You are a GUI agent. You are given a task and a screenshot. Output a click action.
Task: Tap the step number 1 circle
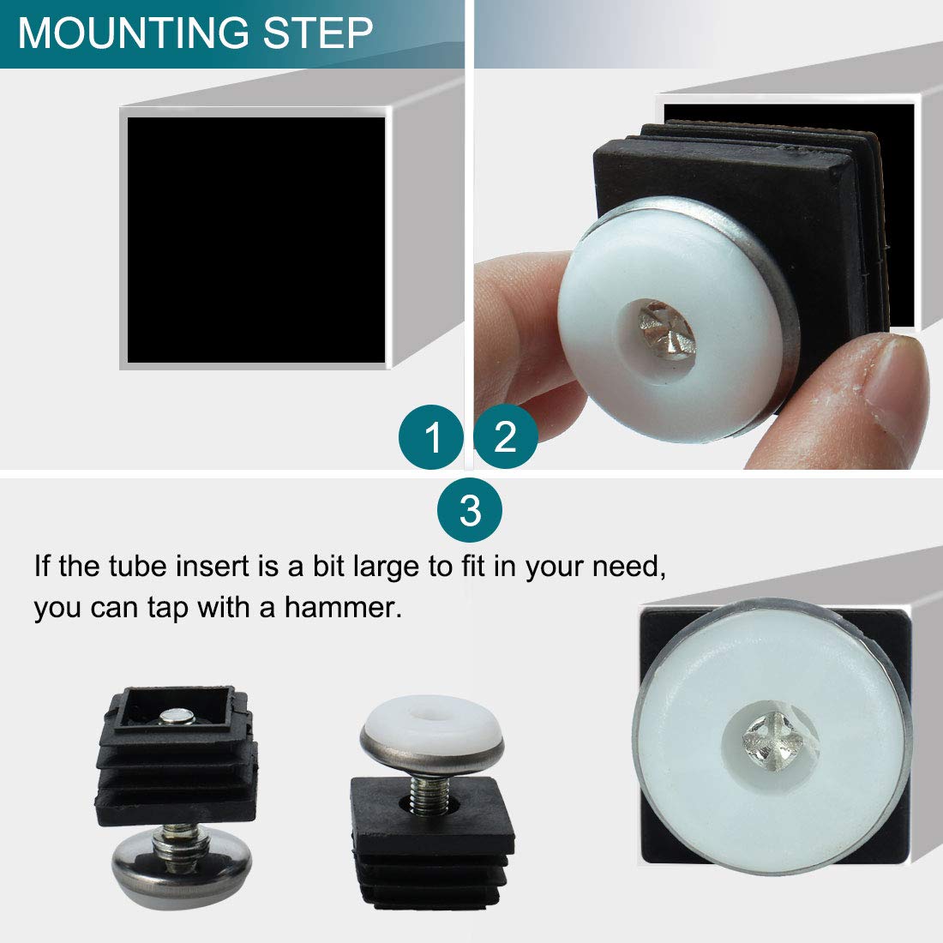point(432,438)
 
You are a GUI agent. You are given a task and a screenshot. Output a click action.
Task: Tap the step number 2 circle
point(505,437)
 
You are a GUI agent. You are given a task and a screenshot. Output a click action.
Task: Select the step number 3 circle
point(470,511)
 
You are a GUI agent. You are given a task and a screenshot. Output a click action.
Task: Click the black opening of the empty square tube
point(255,240)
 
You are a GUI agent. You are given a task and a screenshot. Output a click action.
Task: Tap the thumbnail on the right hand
point(892,377)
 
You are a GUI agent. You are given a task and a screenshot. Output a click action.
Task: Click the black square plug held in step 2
point(737,171)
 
